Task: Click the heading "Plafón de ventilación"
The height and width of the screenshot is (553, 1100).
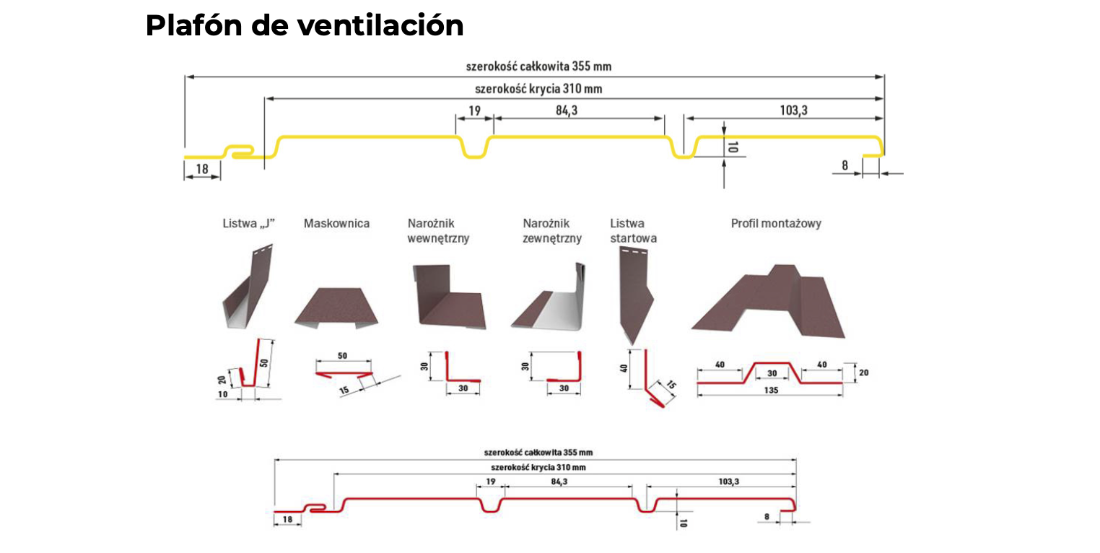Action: pos(304,26)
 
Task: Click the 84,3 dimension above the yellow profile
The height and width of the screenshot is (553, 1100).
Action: pos(567,110)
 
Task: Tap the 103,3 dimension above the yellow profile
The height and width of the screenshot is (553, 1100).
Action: pos(792,110)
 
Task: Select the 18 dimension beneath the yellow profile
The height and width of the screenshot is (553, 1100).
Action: pos(202,169)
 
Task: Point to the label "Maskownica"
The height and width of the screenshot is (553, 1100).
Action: pos(336,224)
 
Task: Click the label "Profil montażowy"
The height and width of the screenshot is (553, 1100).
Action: pos(776,224)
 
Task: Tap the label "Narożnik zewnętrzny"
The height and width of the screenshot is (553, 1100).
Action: pos(551,231)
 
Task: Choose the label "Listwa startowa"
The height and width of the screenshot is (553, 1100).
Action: pos(633,231)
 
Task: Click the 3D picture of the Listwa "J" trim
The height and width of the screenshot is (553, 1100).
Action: pos(246,289)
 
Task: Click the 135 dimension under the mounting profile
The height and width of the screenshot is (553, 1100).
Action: pos(771,391)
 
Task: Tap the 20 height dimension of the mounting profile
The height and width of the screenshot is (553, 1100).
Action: pos(864,373)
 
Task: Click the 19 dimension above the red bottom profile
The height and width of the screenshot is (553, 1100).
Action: pos(491,481)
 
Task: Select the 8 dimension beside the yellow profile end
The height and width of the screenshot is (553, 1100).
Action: pos(844,165)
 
